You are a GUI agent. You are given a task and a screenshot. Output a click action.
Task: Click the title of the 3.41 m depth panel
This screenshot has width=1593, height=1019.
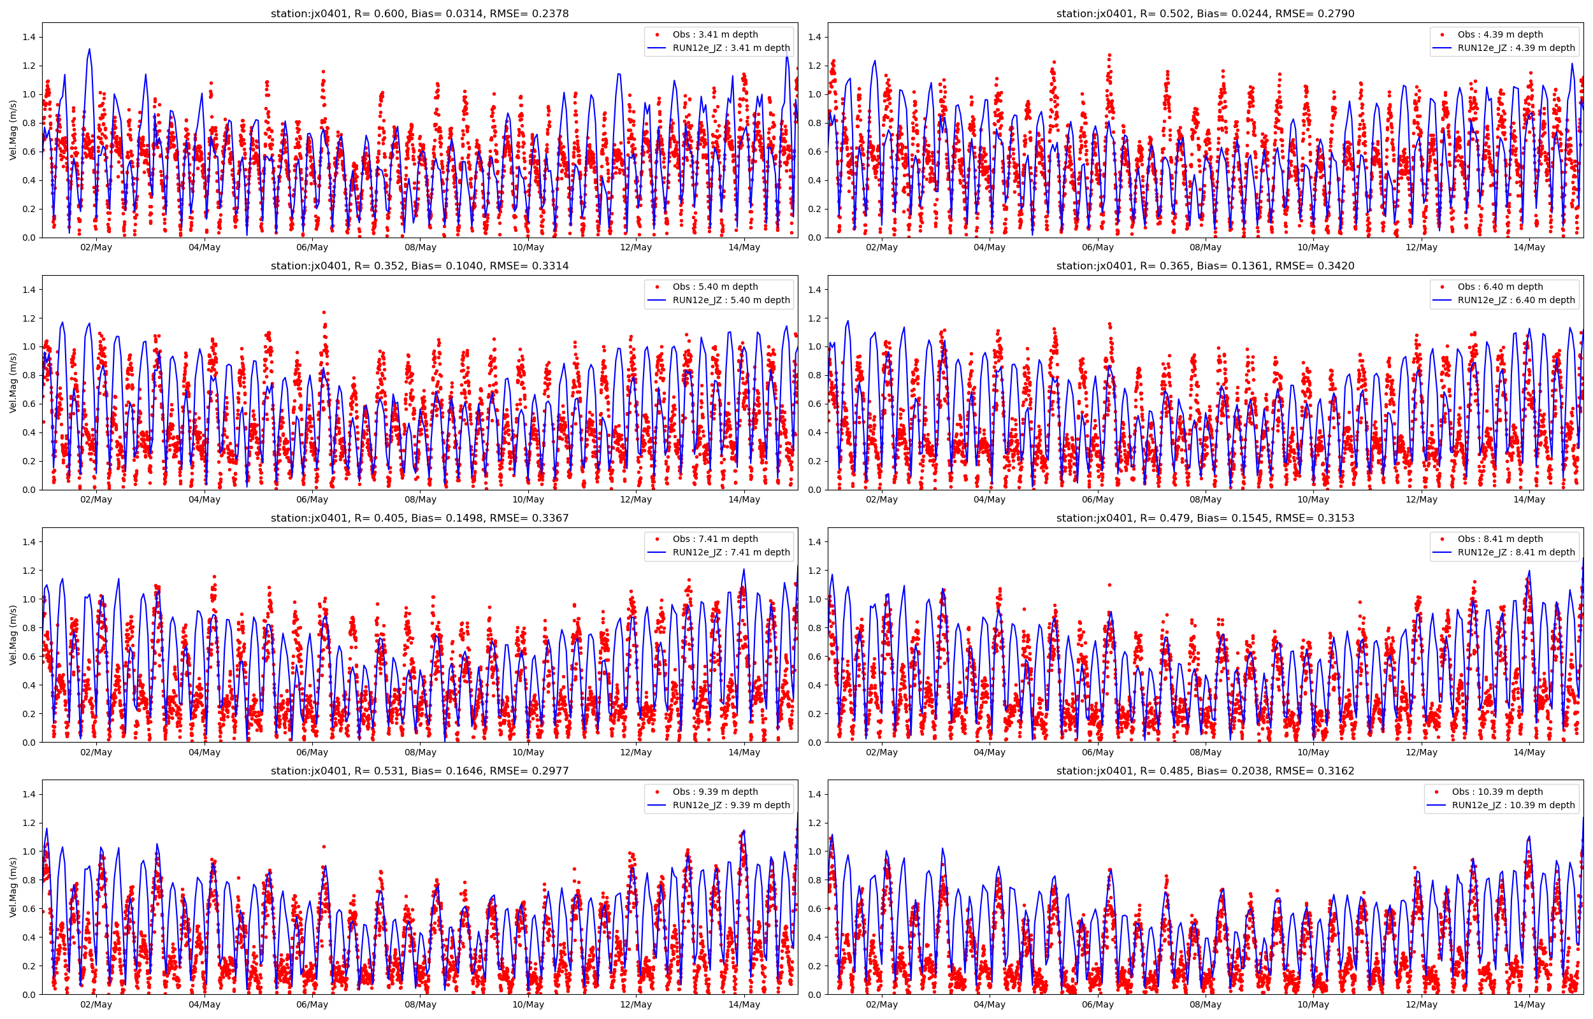(x=419, y=13)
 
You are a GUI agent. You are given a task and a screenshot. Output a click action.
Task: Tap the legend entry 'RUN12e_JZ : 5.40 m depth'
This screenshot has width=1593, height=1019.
(x=731, y=301)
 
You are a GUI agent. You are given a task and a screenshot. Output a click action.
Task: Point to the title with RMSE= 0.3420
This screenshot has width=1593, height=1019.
(x=1204, y=266)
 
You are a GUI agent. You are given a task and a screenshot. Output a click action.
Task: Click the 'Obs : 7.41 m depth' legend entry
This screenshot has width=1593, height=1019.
(x=715, y=539)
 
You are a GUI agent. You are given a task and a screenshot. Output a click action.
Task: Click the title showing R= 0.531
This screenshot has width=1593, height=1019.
(x=419, y=771)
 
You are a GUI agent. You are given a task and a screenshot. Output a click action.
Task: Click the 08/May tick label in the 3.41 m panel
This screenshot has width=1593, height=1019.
(x=421, y=248)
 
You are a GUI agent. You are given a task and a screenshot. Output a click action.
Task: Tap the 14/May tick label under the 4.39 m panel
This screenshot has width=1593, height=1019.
(x=1529, y=248)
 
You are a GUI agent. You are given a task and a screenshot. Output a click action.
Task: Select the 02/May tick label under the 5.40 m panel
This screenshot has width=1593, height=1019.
(x=96, y=499)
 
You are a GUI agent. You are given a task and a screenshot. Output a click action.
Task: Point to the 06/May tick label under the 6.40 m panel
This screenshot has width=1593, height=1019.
(x=1097, y=499)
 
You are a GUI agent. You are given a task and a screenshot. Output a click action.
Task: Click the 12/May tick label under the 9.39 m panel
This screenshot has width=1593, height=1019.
(x=636, y=1004)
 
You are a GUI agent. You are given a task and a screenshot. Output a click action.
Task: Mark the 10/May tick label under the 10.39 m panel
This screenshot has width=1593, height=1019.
(x=1313, y=1004)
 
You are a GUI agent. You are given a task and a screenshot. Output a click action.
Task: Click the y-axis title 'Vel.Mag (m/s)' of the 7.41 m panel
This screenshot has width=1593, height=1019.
(x=13, y=634)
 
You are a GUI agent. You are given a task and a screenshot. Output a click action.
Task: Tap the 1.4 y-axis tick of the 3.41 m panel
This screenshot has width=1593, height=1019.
(x=30, y=37)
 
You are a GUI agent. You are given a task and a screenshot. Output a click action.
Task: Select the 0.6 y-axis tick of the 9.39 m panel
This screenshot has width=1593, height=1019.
(x=30, y=908)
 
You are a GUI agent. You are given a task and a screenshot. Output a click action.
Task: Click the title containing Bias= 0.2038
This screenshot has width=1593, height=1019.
(x=1204, y=771)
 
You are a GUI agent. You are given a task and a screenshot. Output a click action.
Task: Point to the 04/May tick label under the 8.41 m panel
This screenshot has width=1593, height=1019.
(x=990, y=752)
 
